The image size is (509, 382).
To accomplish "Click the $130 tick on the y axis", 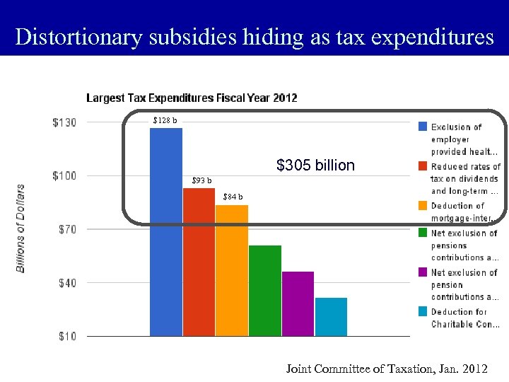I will coord(64,122).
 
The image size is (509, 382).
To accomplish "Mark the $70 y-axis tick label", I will coord(67,229).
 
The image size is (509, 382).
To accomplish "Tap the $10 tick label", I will coord(67,337).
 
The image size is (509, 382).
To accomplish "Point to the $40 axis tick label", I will coord(67,283).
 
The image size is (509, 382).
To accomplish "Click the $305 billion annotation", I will coord(315,166).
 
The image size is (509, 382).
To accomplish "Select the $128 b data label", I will coord(165,120).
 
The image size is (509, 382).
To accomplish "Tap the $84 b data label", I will coord(233,197).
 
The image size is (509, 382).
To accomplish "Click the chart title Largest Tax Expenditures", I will coord(192,98).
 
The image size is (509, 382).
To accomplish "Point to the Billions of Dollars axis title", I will coord(21,228).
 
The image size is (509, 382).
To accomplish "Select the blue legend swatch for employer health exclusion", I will coord(421,127).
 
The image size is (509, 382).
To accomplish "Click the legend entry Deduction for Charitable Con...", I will coord(464,318).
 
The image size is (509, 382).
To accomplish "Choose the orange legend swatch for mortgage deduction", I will coord(421,206).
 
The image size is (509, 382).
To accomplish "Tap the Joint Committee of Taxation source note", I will coord(386,369).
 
